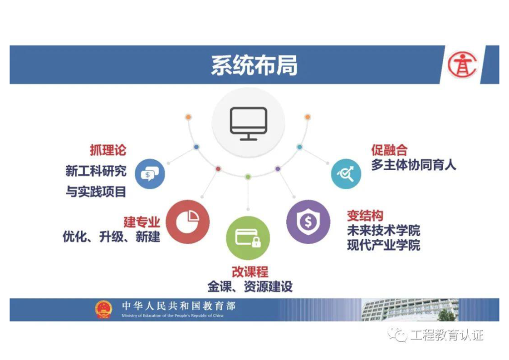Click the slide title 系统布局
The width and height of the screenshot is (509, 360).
coord(254,65)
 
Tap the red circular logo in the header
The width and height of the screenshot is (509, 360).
coord(462,65)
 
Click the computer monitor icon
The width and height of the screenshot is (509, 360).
coord(248,123)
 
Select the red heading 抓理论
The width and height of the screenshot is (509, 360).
coord(108,150)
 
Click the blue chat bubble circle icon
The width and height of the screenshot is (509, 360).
coord(150,174)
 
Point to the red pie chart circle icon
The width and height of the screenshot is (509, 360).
coord(188,222)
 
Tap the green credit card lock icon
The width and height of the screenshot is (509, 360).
coord(248,238)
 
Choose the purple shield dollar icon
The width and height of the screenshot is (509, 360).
coord(308,222)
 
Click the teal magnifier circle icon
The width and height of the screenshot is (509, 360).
coord(346,174)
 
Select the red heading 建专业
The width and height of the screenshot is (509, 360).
coord(142,222)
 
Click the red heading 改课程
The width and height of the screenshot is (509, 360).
coord(250,272)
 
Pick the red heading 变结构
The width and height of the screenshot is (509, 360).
coord(365,216)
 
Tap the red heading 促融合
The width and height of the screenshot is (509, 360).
coord(389,150)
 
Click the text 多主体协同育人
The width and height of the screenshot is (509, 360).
coord(414,165)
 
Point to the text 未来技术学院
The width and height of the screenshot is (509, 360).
coord(383,231)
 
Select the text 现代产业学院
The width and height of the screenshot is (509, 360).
coord(383,245)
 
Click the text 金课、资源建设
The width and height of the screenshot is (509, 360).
coord(250,286)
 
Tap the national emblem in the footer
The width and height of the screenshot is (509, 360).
coord(103,309)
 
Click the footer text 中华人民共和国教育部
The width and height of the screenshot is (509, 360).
coord(179,306)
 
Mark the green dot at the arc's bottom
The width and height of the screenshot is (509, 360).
coord(248,177)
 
